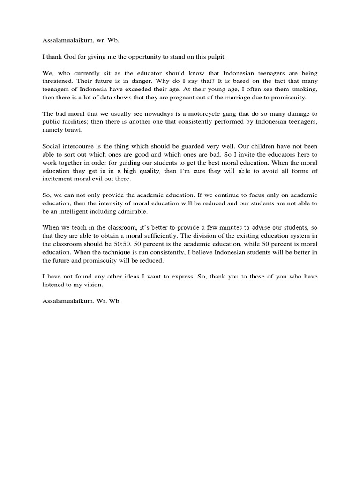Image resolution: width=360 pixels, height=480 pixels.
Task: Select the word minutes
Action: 235,228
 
